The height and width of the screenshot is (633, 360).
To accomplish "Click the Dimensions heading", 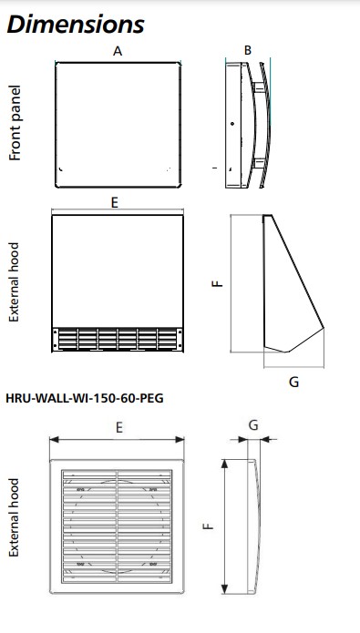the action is [76, 25].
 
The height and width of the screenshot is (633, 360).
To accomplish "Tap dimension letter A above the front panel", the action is [118, 51].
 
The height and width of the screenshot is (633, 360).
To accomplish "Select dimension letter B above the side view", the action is [248, 50].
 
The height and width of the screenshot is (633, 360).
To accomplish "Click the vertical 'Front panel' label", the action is [15, 123].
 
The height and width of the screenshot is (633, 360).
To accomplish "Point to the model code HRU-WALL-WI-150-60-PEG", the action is [85, 398].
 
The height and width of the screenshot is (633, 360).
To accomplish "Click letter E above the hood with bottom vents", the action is [115, 203].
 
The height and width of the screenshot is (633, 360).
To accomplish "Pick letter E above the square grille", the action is [119, 427].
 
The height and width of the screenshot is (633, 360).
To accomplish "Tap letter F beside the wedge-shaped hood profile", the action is [218, 283].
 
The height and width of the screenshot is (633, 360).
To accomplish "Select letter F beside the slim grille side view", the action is [208, 526].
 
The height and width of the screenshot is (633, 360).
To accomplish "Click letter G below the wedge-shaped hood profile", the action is [294, 382].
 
